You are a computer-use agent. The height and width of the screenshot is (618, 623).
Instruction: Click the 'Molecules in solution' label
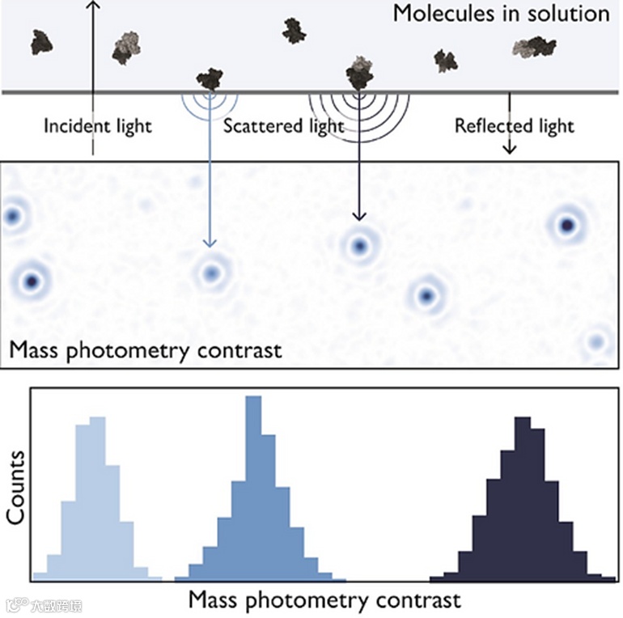(x=501, y=14)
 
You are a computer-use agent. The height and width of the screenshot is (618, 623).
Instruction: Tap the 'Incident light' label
(x=97, y=126)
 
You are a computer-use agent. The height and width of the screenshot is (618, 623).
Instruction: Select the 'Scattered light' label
(x=283, y=126)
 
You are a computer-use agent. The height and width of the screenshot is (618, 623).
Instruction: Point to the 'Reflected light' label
(x=515, y=126)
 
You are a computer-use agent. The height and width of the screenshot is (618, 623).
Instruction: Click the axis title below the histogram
(x=324, y=600)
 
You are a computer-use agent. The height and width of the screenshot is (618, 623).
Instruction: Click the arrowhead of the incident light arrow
(x=92, y=6)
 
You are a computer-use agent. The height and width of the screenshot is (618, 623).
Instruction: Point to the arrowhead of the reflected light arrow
(x=510, y=149)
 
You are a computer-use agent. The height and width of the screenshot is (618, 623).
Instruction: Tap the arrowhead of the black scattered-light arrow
(x=359, y=214)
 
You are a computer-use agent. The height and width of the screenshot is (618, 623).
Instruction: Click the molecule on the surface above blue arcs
(x=210, y=79)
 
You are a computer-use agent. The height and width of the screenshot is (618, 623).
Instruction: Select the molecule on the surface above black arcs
(x=359, y=74)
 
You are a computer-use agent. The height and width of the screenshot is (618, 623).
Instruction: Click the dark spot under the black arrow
(x=359, y=245)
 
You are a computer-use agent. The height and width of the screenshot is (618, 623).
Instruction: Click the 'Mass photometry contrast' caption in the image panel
(x=146, y=351)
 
